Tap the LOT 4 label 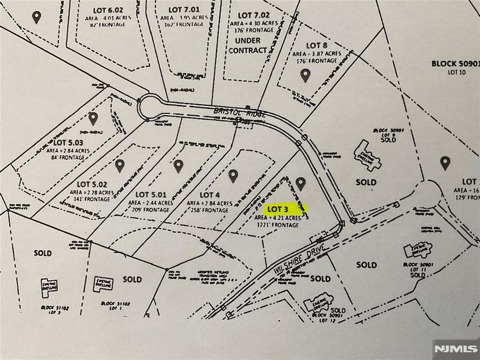point(209,195)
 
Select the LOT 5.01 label point(150,194)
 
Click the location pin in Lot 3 point(301,183)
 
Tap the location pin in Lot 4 point(233,176)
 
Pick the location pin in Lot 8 point(305,75)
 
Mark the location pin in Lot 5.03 point(93,118)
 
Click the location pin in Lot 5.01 point(178,166)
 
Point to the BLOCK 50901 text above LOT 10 point(455,63)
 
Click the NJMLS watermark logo point(455,347)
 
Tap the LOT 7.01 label point(181,9)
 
